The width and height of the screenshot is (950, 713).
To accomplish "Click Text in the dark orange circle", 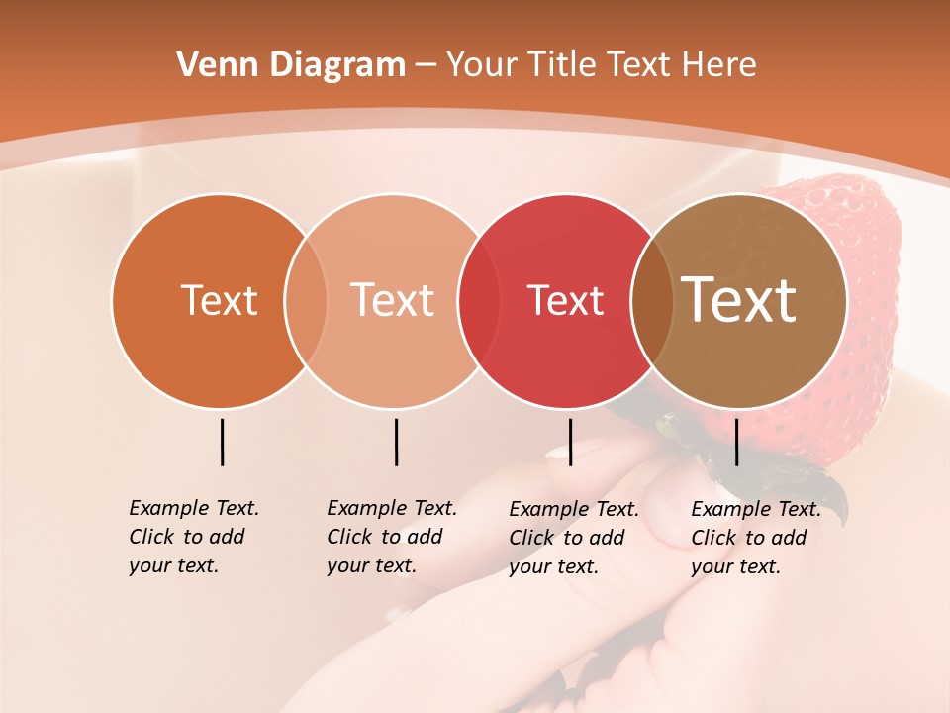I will (x=219, y=300).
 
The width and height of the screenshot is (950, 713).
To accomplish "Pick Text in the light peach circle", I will (x=393, y=300).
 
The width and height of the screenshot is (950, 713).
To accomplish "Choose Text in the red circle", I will (x=566, y=300).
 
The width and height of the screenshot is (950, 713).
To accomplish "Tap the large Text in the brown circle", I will (x=739, y=300).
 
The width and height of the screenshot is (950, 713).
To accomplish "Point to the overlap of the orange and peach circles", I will (x=306, y=300).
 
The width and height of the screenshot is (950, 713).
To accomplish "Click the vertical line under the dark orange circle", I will (x=223, y=442).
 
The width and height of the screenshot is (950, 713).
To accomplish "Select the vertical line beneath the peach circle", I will (x=396, y=442).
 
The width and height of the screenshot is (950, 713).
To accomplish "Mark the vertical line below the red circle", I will (x=570, y=442).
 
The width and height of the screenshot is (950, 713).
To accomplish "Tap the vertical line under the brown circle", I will (x=737, y=442).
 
